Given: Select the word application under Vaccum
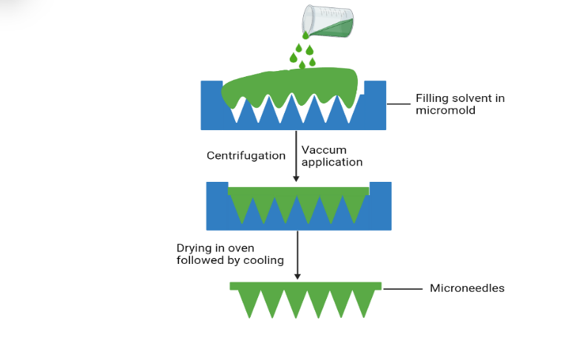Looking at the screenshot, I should tap(332, 162).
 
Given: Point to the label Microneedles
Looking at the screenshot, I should tap(467, 288).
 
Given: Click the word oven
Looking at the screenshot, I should tap(251, 248).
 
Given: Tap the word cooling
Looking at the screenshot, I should tap(264, 259).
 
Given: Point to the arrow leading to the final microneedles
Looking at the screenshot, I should tap(297, 255).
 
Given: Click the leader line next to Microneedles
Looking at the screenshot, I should tap(402, 288).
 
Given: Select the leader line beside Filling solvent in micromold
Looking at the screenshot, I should tap(399, 104).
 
